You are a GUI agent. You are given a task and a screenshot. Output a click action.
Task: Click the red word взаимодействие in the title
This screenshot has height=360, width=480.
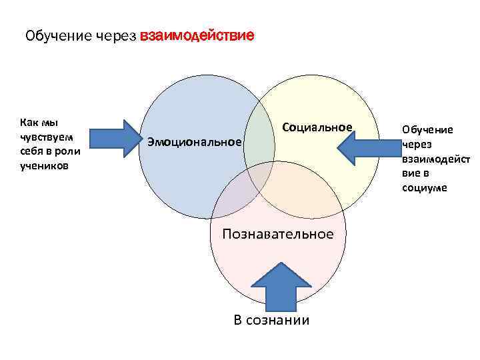(x=197, y=35)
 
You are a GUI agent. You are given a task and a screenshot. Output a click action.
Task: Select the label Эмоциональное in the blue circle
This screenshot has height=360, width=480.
(x=194, y=141)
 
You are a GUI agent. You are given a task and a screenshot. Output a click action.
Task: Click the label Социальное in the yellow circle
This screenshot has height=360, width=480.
(x=317, y=127)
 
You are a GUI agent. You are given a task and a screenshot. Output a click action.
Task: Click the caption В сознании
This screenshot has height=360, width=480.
(x=272, y=320)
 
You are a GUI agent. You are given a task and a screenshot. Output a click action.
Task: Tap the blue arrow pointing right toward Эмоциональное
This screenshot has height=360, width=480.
(x=112, y=138)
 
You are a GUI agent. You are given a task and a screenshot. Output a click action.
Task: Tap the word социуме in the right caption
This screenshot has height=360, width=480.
(x=424, y=188)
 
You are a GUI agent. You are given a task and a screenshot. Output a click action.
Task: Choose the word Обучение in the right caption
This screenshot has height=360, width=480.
(x=427, y=129)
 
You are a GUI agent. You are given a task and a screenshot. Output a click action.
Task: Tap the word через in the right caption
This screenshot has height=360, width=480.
(x=416, y=144)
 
